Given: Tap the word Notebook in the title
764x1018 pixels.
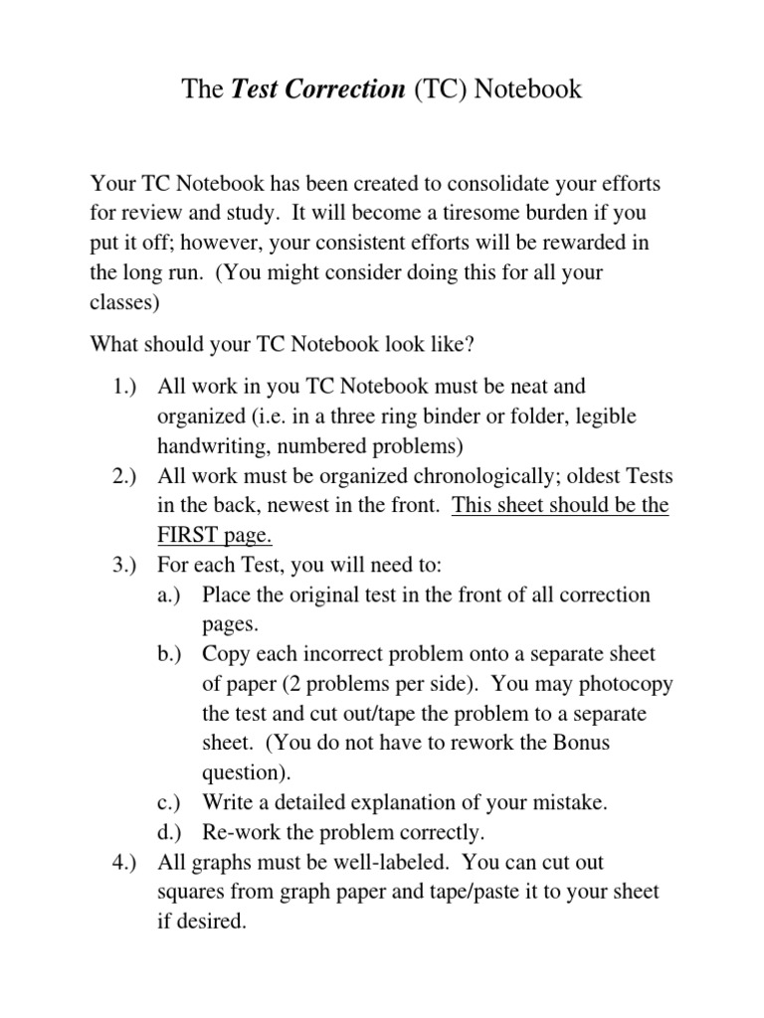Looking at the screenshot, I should click(x=527, y=90).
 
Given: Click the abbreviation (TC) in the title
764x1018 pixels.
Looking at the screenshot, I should click(x=439, y=90).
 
